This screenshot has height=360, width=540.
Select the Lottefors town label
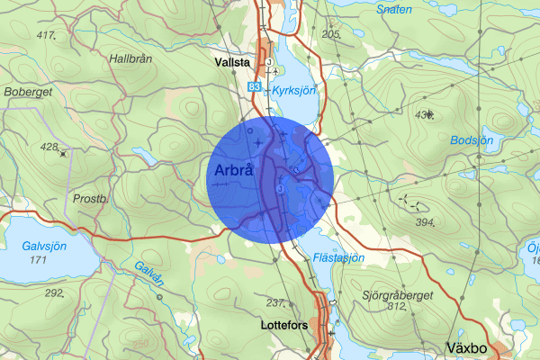[x=283, y=323]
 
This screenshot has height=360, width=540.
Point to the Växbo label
[x=468, y=346]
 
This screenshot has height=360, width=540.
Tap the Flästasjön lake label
[x=339, y=257]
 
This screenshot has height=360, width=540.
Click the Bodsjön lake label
[x=471, y=141]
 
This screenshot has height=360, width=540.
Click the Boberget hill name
[x=29, y=91]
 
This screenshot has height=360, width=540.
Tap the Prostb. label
[x=91, y=197]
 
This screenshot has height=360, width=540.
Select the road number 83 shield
[x=257, y=85]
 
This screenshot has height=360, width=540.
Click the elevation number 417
[x=46, y=35]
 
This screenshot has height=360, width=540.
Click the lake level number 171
[x=38, y=260]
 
